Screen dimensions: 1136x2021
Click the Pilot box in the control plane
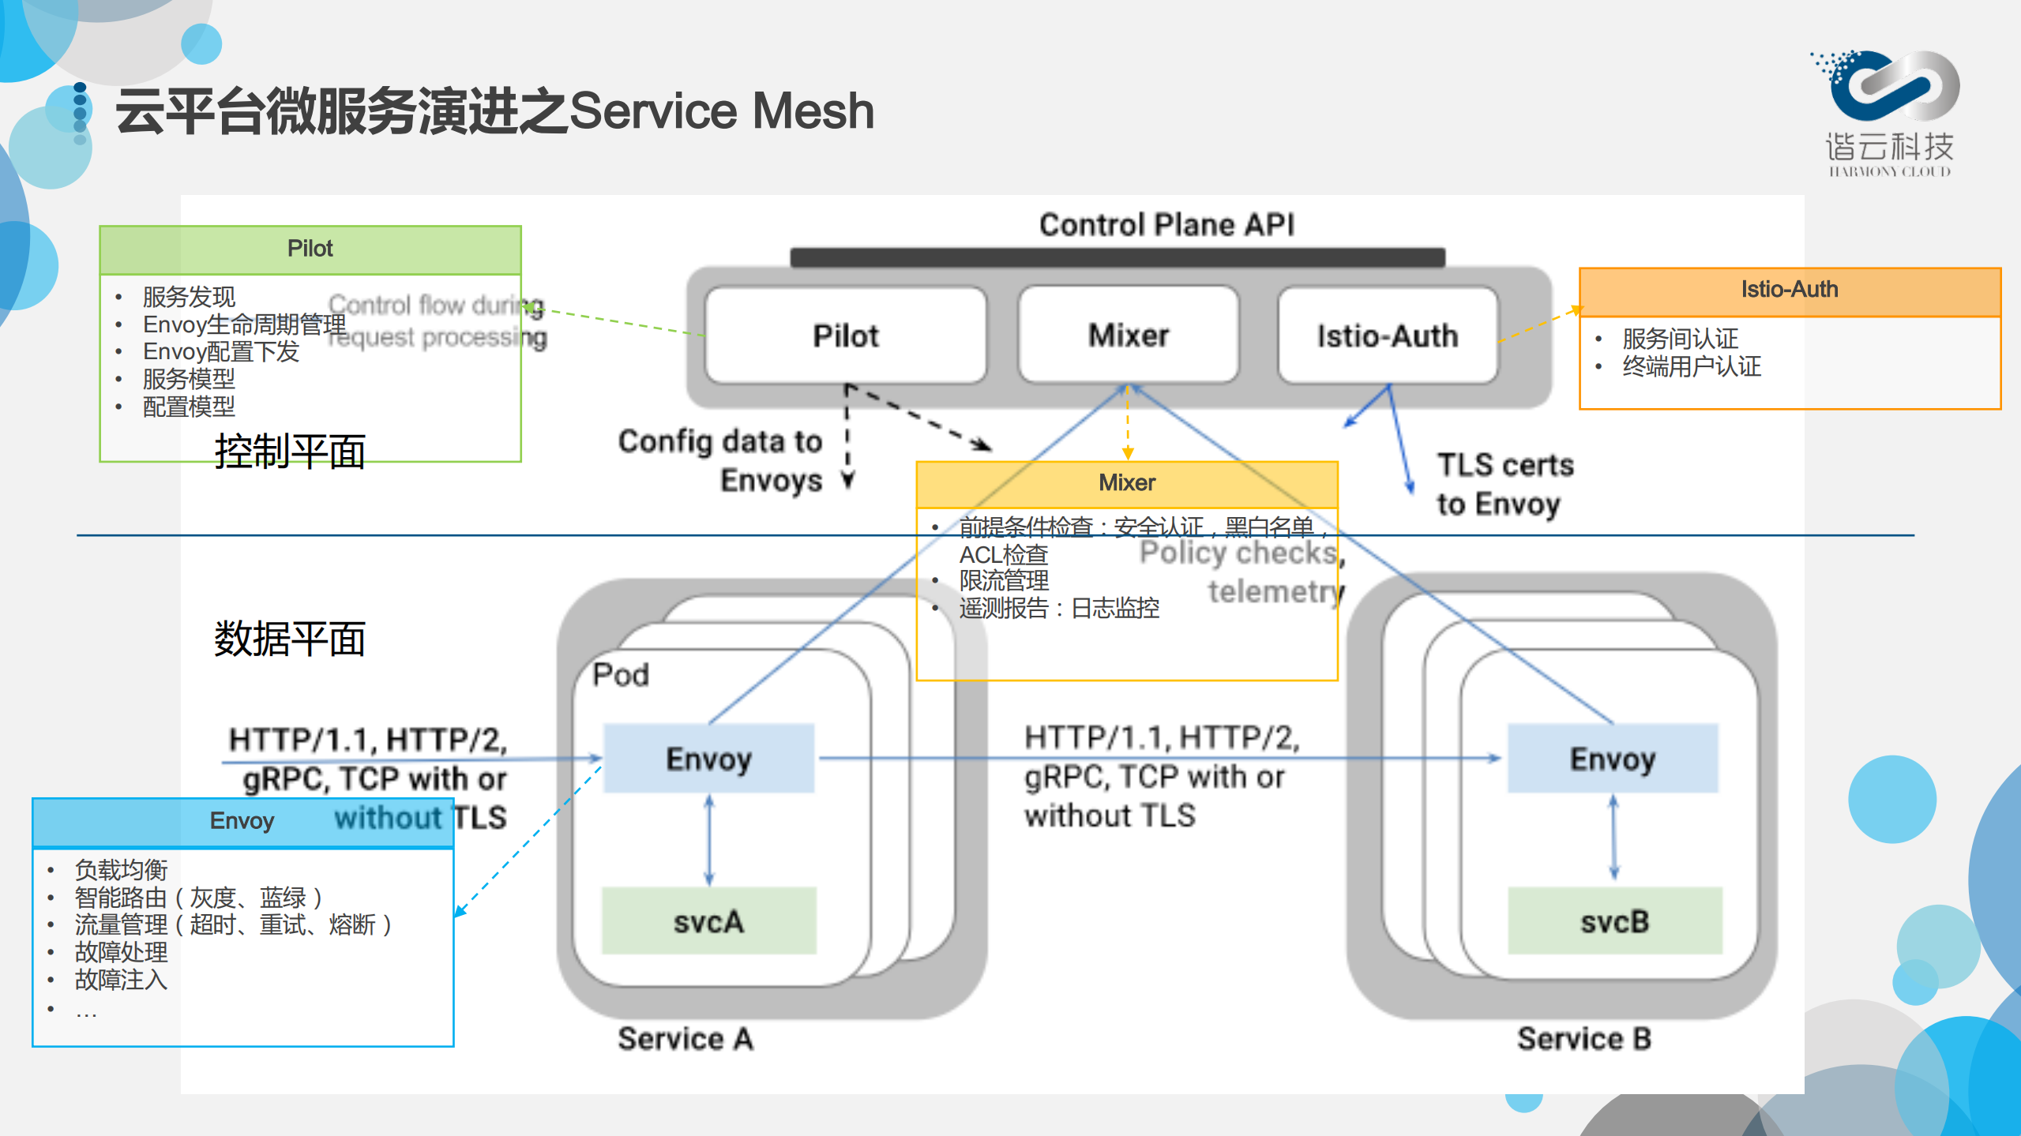click(845, 336)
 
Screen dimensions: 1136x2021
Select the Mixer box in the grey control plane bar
click(1128, 336)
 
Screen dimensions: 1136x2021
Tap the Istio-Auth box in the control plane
click(1387, 336)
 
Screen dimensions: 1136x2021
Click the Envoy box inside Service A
click(708, 758)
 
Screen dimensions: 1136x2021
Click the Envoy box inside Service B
click(1612, 758)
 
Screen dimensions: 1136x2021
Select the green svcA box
click(708, 920)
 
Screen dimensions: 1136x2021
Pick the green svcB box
click(1614, 920)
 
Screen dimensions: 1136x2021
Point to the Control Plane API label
click(1166, 224)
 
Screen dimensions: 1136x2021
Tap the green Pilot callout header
click(310, 249)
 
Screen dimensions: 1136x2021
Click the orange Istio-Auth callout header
click(1789, 290)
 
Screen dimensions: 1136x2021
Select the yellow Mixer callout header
click(1126, 482)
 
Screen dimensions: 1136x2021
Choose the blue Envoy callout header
click(242, 821)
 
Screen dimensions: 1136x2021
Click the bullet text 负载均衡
click(121, 869)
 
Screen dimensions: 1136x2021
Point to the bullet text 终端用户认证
click(1692, 366)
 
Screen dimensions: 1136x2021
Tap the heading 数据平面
click(289, 638)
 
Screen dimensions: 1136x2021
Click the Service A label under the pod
click(685, 1038)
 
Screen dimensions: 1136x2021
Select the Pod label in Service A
click(621, 675)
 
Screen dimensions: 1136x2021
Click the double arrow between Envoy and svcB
click(1613, 838)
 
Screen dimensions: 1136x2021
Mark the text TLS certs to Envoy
click(1504, 484)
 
